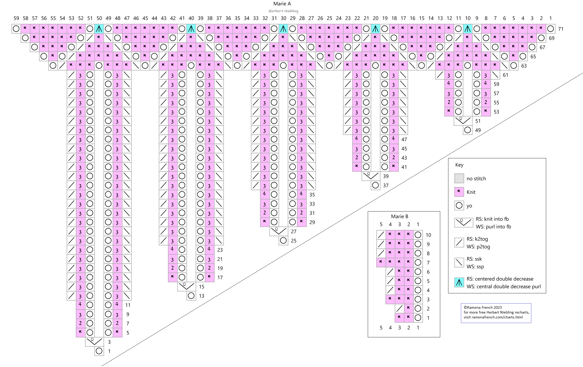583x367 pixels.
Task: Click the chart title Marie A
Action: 282,4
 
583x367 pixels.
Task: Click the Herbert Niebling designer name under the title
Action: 283,11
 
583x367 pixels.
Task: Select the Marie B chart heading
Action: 400,216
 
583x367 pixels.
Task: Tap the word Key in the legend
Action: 459,165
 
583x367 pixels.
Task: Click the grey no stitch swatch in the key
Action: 459,178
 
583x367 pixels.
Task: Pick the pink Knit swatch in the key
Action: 459,192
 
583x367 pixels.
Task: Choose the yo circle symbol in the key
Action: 459,205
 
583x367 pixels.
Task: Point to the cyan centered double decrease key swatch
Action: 459,282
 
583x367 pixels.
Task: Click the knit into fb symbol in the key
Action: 463,223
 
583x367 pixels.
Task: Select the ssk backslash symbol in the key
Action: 459,262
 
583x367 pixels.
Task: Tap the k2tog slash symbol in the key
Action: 459,242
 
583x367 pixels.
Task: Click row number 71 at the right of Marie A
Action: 561,29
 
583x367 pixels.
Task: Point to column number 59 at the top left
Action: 16,18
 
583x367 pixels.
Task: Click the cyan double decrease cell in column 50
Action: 99,29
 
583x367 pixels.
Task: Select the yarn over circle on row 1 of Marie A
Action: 99,351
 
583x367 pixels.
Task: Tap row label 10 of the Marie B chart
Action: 428,235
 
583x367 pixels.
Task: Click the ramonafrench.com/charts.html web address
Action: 497,317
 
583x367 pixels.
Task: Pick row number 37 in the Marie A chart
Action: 386,185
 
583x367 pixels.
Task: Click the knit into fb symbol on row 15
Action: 186,286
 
